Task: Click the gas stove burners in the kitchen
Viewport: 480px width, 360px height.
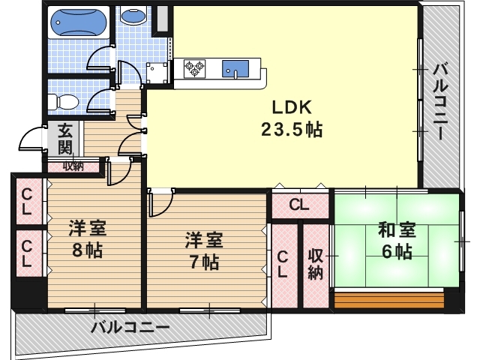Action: coord(196,69)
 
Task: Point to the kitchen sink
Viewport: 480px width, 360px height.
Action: coord(234,69)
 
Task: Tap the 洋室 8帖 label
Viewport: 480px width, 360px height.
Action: coord(87,238)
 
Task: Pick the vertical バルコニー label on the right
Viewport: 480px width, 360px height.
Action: coord(440,101)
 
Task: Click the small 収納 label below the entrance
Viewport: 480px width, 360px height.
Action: coord(73,166)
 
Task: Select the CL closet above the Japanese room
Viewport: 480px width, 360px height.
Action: coord(299,204)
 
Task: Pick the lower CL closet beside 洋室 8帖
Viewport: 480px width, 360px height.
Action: coord(27,253)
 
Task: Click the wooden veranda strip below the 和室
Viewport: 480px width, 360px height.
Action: coord(396,301)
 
